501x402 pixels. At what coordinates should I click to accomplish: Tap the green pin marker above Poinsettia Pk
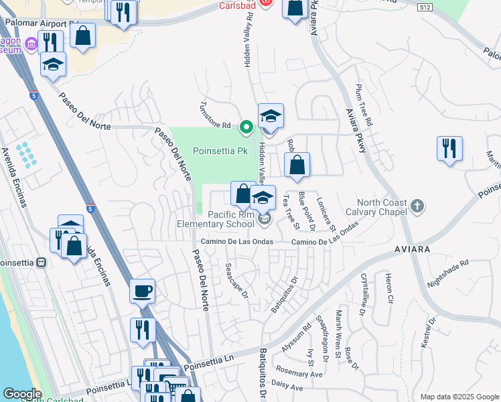coord(246,126)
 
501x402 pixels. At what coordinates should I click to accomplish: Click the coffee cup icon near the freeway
coord(142,291)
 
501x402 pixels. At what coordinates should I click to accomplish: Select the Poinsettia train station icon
coord(41,262)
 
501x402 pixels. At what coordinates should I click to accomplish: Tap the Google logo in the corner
coord(21,394)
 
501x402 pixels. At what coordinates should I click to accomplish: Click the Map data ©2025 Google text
coord(459,397)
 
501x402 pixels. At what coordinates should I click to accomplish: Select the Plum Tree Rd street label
coord(364,107)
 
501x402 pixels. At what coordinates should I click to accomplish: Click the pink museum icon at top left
coord(30,46)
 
